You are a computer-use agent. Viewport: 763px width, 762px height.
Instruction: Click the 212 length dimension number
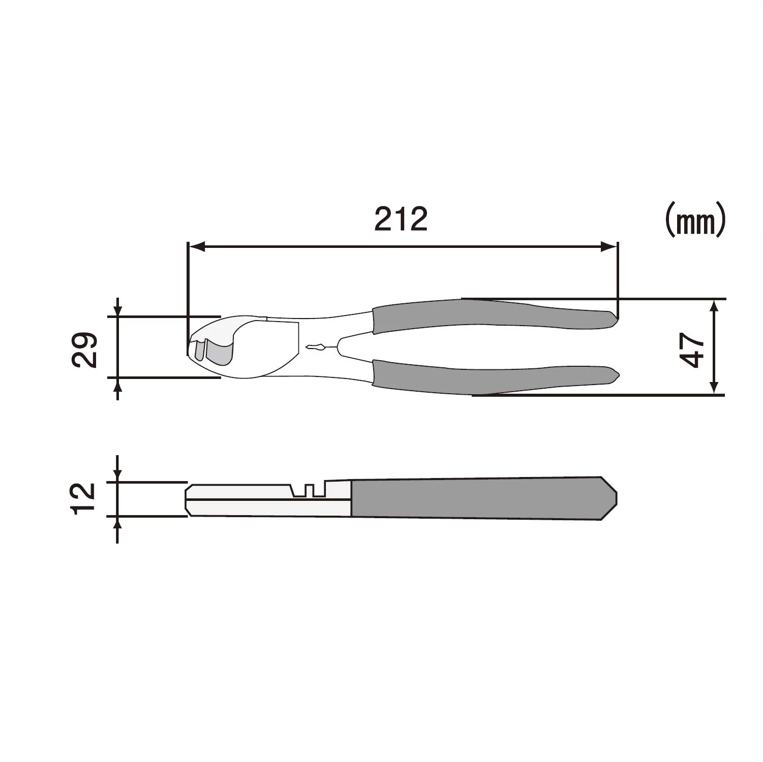point(401,219)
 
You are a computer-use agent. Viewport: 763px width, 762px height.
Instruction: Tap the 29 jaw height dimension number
point(84,350)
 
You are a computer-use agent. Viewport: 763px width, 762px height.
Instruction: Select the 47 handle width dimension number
point(692,351)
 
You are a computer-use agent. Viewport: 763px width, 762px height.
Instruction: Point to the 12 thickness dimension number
point(84,499)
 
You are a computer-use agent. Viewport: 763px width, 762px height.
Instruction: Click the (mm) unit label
point(696,220)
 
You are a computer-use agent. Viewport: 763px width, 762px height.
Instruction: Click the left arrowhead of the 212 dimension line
point(196,247)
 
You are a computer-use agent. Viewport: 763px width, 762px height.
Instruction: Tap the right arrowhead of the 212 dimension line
point(609,247)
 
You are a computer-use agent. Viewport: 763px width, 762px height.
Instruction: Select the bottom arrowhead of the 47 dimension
point(714,386)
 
